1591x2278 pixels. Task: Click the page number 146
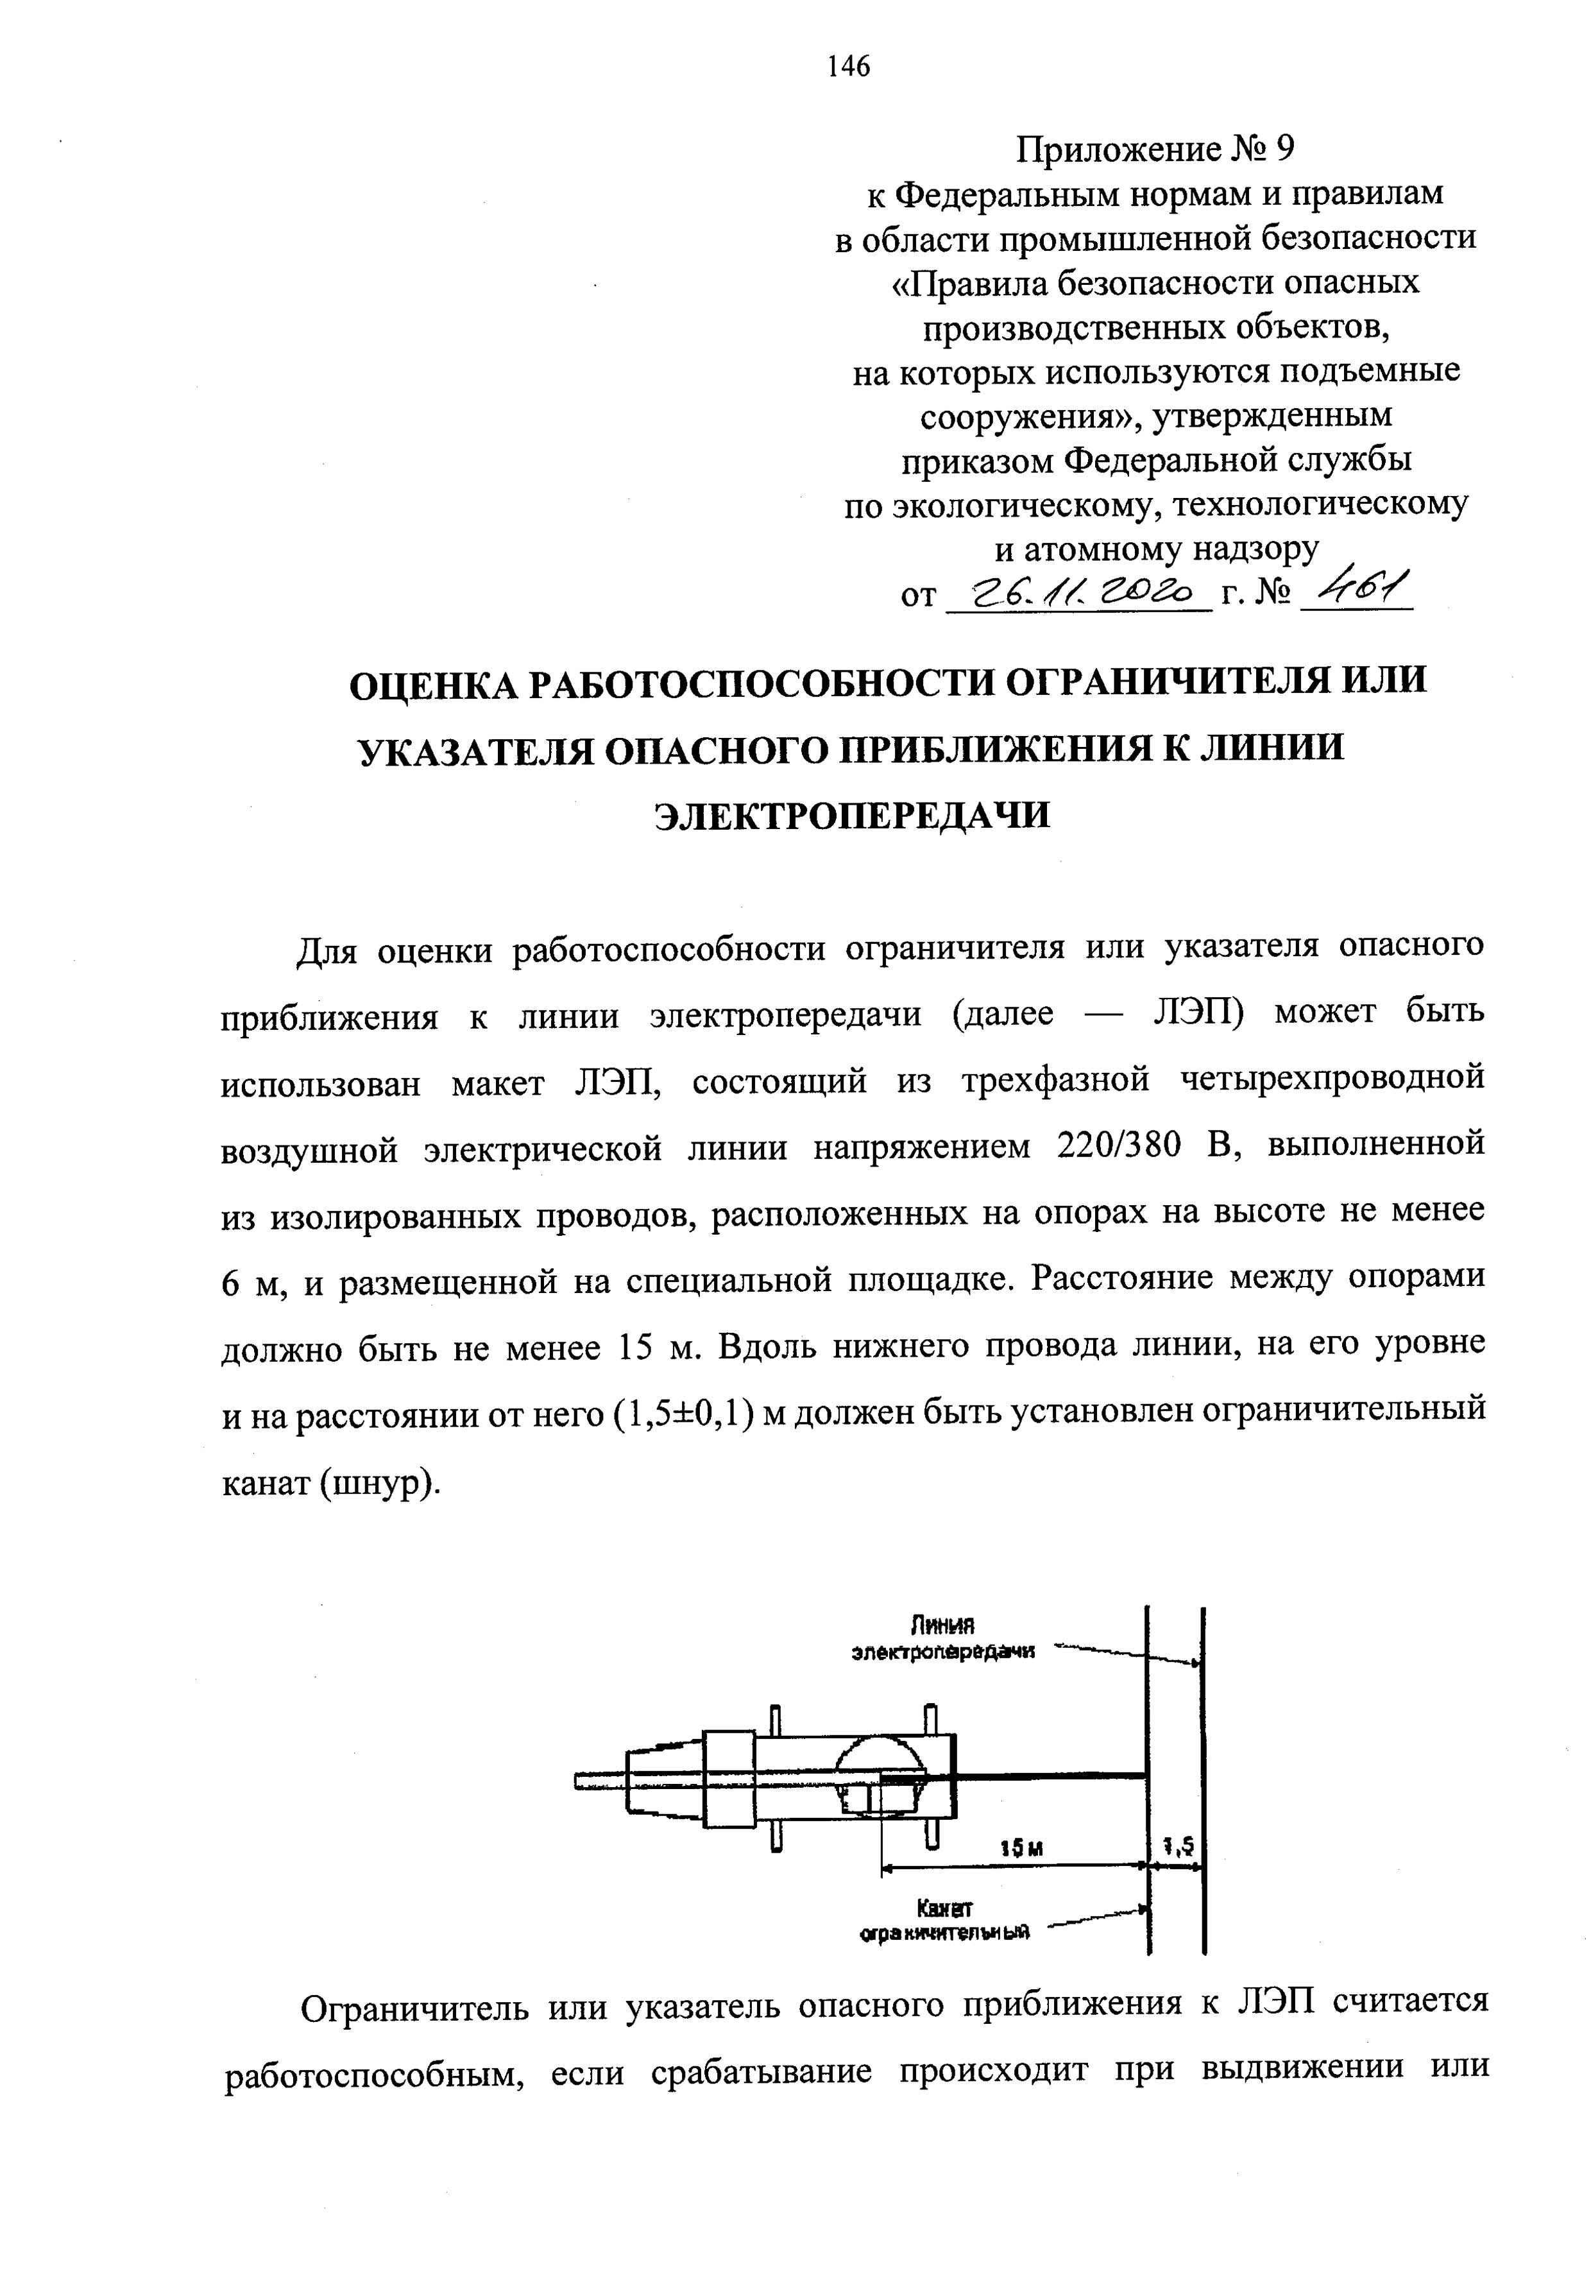point(848,67)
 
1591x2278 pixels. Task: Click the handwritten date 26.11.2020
point(1079,594)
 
